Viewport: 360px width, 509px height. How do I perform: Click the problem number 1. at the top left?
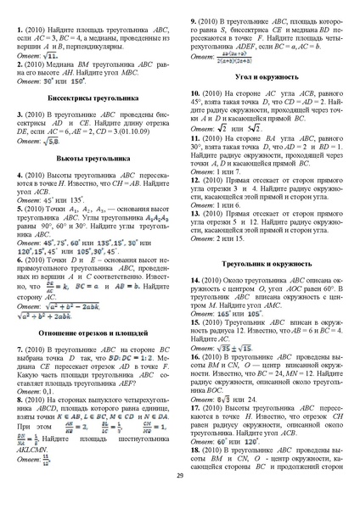click(20, 29)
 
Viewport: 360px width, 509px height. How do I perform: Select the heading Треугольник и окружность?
click(267, 265)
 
